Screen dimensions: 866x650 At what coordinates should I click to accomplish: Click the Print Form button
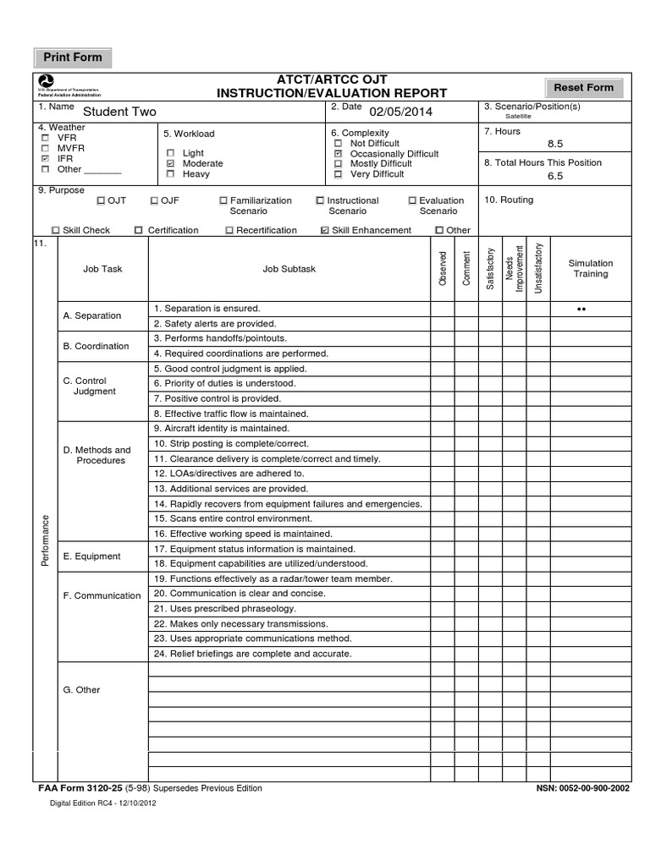tap(73, 58)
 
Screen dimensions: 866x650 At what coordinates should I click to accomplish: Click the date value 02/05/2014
tap(400, 111)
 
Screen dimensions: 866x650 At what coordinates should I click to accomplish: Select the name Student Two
tap(118, 112)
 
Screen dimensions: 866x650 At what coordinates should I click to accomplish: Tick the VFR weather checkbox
tap(44, 138)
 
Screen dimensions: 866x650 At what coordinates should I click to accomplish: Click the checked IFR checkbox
tap(44, 158)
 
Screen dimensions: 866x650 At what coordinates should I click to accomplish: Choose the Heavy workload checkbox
tap(170, 174)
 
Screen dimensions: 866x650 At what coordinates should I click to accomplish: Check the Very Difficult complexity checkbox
tap(338, 174)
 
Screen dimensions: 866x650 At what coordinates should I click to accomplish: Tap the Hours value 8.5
tap(555, 145)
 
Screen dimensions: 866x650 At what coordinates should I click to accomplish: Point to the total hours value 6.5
tap(555, 176)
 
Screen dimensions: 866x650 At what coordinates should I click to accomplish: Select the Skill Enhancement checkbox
tap(325, 230)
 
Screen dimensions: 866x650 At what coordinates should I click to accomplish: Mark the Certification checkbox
tap(139, 230)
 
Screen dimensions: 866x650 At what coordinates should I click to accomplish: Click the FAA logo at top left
tap(47, 80)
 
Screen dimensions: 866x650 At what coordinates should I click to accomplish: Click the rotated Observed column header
tap(442, 267)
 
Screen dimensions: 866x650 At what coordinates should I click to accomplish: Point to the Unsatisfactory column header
tap(538, 267)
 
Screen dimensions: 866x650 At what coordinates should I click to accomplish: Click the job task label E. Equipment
tap(91, 556)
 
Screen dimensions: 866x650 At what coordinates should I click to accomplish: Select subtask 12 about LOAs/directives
tap(229, 474)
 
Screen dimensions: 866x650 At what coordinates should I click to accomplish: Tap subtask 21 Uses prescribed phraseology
tap(224, 609)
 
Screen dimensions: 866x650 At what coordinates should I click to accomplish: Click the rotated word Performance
tap(45, 540)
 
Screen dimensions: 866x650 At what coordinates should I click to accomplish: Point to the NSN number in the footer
tap(582, 788)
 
